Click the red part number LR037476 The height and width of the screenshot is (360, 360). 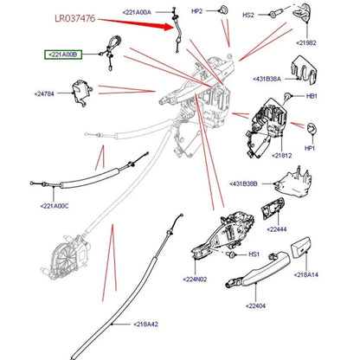75,18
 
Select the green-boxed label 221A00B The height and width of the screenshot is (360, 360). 63,55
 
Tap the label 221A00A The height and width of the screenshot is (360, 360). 137,12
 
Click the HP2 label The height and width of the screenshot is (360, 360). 197,11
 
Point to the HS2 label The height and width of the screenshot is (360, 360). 248,15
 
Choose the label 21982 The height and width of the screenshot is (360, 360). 306,43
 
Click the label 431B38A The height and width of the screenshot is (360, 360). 267,79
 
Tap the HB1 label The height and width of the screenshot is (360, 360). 312,96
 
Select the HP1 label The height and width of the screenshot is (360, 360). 310,148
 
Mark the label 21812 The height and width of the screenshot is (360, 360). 282,156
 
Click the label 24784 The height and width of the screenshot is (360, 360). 44,94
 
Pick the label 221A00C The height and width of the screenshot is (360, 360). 55,206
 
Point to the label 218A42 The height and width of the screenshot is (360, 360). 145,325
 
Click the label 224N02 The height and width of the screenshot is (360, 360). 195,280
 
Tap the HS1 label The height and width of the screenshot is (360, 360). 254,254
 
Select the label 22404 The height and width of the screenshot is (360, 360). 255,305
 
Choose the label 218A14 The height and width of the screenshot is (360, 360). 306,275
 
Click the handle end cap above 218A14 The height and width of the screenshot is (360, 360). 300,247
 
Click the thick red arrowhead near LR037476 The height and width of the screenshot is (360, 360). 168,26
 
